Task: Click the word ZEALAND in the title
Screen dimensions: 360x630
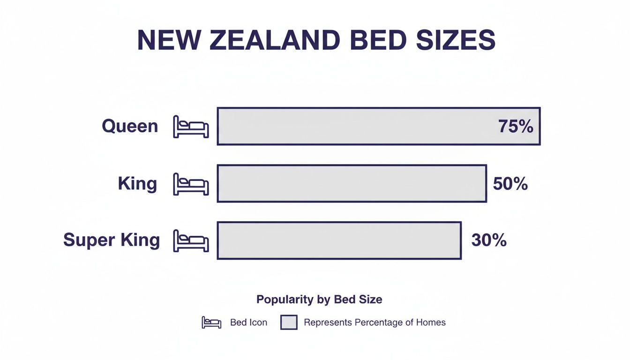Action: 274,41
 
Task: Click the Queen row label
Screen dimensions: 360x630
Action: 130,126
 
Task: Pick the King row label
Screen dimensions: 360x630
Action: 137,183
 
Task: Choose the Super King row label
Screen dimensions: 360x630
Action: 112,240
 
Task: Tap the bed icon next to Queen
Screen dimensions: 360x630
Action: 191,127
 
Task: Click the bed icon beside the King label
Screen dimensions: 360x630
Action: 191,184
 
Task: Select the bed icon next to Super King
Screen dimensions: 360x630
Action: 191,240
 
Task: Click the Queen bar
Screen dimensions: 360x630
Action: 356,126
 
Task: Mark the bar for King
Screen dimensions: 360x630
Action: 352,183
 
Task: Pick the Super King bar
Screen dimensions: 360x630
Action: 339,240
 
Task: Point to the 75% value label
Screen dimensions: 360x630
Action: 516,127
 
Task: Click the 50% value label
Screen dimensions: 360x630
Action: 510,184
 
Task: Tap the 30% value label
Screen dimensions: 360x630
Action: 489,240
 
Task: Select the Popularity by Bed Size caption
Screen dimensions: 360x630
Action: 319,300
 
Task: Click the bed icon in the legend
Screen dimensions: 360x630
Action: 211,322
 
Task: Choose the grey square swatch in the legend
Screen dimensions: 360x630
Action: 289,322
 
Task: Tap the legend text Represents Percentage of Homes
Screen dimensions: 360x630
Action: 375,322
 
